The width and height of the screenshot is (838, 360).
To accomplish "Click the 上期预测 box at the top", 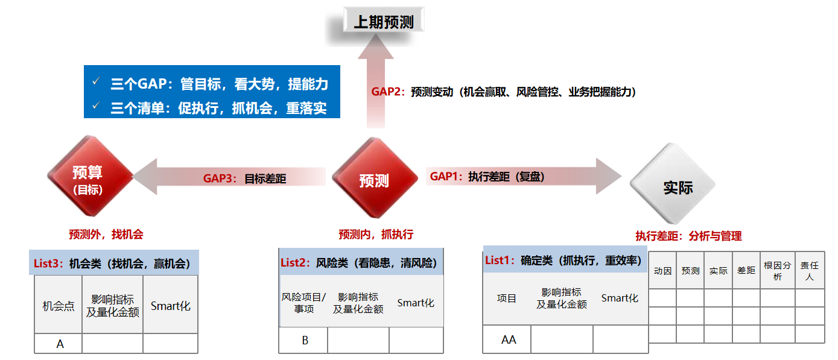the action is pos(384,21).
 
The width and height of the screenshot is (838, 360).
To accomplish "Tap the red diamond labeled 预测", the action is pos(375,178).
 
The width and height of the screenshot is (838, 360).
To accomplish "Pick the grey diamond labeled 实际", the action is pos(673,184).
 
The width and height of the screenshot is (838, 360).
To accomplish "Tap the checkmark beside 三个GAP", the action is pos(97,81).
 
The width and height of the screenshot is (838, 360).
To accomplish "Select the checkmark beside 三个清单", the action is pos(97,106).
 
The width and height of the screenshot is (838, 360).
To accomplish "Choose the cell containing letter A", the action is pos(59,344).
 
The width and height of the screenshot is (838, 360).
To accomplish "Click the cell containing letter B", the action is pos(303,340).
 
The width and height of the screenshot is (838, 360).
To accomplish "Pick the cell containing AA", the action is pos(507,339).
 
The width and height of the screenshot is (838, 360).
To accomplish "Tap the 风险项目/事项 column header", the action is pos(304,303).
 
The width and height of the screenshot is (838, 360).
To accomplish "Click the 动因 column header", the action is pos(662,270).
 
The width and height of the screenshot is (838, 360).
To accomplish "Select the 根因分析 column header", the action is pos(778,270).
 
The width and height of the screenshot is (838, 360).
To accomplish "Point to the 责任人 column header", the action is pos(810,270).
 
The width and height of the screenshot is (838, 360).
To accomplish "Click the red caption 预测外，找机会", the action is pos(106,235).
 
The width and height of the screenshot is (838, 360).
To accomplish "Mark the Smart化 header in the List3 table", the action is pos(171,306).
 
